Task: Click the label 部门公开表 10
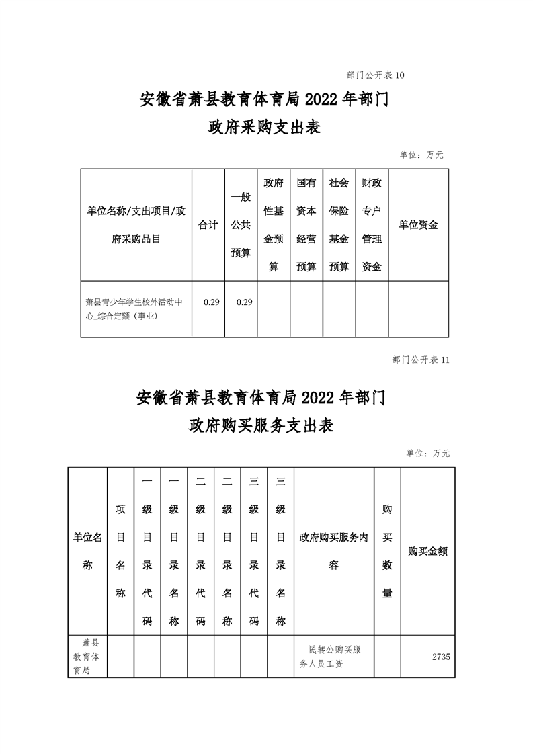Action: (x=375, y=75)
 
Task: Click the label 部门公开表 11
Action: (x=420, y=360)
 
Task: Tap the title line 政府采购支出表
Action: (x=264, y=128)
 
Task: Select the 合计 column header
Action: (x=208, y=225)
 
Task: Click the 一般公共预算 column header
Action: (x=241, y=225)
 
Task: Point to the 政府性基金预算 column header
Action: (x=274, y=225)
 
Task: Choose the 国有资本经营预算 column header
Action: (x=306, y=225)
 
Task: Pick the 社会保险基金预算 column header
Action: (x=339, y=225)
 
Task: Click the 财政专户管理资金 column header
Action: (x=372, y=225)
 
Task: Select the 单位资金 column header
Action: (x=418, y=225)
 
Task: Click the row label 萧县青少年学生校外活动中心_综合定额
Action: (x=135, y=309)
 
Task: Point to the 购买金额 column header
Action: (x=427, y=551)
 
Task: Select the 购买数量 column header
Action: (x=387, y=551)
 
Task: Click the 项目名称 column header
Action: (x=120, y=551)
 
